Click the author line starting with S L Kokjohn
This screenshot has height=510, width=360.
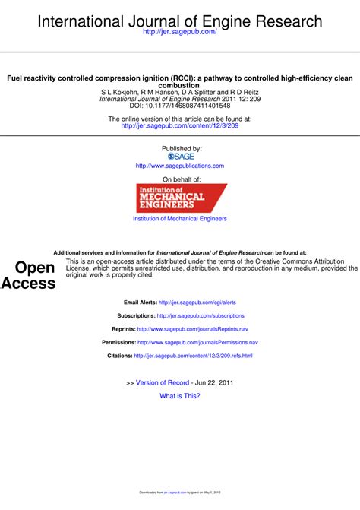pyautogui.click(x=180, y=92)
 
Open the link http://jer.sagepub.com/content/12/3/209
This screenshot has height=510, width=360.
pyautogui.click(x=180, y=126)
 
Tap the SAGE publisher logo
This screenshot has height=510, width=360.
pyautogui.click(x=181, y=156)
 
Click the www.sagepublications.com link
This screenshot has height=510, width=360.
pyautogui.click(x=180, y=166)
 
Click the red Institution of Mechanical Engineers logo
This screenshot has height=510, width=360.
pyautogui.click(x=181, y=198)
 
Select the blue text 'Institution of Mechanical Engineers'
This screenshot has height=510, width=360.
pyautogui.click(x=180, y=219)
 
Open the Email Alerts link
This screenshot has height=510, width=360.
pyautogui.click(x=197, y=302)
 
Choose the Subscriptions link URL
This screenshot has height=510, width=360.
pyautogui.click(x=201, y=315)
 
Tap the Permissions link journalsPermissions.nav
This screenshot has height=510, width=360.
pyautogui.click(x=197, y=343)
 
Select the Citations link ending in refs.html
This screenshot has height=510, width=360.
pyautogui.click(x=193, y=356)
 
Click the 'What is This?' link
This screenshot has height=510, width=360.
pyautogui.click(x=180, y=396)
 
